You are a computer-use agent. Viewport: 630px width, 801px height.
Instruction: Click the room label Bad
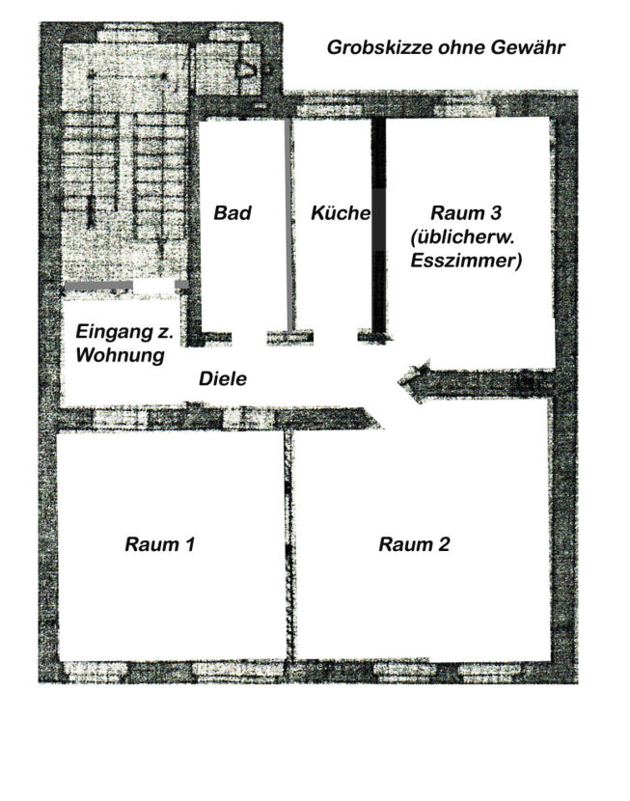pyautogui.click(x=233, y=212)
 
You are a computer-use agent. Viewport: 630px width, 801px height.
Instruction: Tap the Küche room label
pyautogui.click(x=341, y=212)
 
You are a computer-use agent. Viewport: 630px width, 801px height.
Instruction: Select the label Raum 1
pyautogui.click(x=160, y=544)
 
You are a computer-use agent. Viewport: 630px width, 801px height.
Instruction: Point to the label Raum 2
pyautogui.click(x=414, y=544)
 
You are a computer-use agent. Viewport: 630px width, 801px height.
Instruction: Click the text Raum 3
pyautogui.click(x=466, y=212)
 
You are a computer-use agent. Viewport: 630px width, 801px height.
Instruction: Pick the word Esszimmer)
pyautogui.click(x=466, y=261)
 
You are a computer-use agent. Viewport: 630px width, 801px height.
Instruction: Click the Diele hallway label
pyautogui.click(x=223, y=378)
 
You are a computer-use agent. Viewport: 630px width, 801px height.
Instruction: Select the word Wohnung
pyautogui.click(x=121, y=354)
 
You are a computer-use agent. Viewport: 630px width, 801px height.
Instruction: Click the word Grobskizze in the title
pyautogui.click(x=380, y=47)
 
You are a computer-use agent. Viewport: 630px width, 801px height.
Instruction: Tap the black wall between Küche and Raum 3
pyautogui.click(x=378, y=230)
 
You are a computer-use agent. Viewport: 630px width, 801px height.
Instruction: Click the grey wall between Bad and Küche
pyautogui.click(x=289, y=225)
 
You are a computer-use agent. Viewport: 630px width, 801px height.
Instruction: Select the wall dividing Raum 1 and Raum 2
pyautogui.click(x=289, y=545)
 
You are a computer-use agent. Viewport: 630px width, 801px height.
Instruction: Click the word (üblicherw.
pyautogui.click(x=462, y=237)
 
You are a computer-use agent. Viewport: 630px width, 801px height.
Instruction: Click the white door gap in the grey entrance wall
pyautogui.click(x=153, y=286)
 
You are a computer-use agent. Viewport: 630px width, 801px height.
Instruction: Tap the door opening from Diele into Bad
pyautogui.click(x=250, y=338)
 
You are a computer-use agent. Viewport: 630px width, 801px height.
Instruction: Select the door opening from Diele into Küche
pyautogui.click(x=336, y=337)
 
